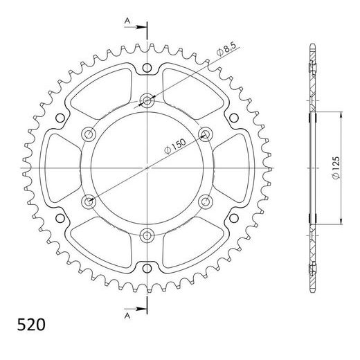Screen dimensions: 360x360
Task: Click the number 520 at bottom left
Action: coord(24,323)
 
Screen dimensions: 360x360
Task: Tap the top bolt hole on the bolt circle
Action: coord(147,100)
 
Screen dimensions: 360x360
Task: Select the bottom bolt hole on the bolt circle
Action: coord(147,235)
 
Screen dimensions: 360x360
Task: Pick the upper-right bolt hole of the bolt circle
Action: coord(205,134)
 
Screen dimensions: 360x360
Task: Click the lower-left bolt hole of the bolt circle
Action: coord(89,201)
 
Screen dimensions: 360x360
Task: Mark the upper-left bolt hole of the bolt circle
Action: coord(89,134)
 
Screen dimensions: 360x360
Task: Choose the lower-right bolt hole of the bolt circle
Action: coord(205,201)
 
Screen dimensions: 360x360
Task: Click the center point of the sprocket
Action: coord(147,168)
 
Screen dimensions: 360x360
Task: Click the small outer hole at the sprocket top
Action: coord(147,67)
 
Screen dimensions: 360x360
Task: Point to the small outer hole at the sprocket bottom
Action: coord(147,268)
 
